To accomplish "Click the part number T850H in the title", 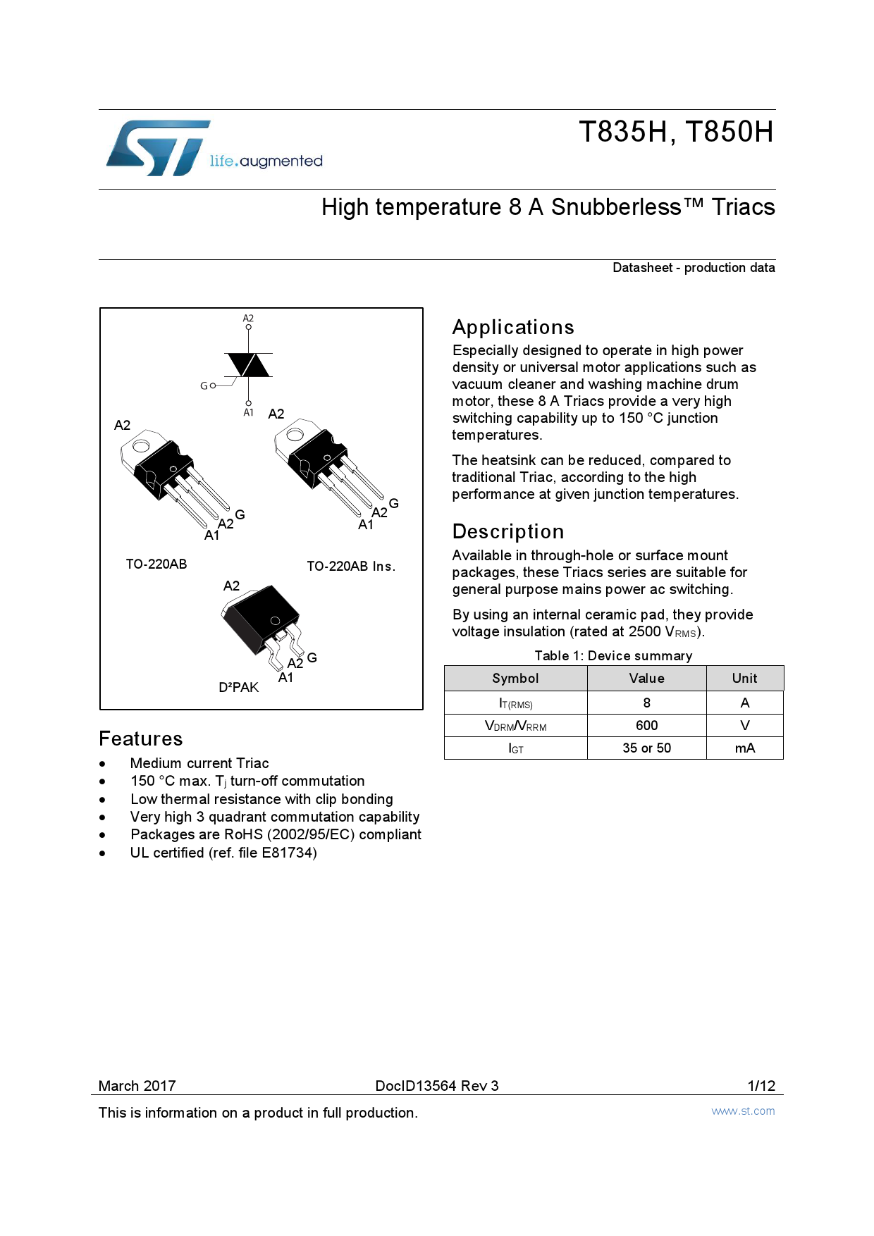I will [x=730, y=132].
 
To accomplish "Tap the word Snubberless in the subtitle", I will [x=616, y=207].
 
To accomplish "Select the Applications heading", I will [x=513, y=328].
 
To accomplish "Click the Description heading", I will [x=508, y=532].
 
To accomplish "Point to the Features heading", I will [x=141, y=739].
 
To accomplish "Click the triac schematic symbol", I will [x=248, y=365].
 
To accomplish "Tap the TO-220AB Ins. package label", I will [x=351, y=567].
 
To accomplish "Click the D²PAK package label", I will [x=238, y=688].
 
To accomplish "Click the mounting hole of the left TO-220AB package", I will [x=140, y=446].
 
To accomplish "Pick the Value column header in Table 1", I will [x=646, y=679].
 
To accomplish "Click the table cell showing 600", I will [x=646, y=726].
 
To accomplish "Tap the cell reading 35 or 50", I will [x=646, y=748].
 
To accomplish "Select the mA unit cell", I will [x=744, y=748].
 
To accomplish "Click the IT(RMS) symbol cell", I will [x=515, y=703].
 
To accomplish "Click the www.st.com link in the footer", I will [x=743, y=1111].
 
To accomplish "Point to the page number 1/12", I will [x=761, y=1086].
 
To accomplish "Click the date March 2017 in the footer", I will [x=137, y=1086].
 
